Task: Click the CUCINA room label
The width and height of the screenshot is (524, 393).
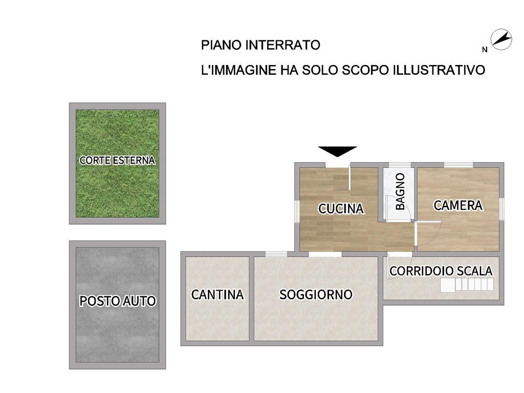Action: point(341,209)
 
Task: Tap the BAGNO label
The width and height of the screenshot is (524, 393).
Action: point(400,191)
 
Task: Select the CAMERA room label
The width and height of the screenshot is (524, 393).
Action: point(458,205)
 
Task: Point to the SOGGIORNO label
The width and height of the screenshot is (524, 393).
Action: point(316,294)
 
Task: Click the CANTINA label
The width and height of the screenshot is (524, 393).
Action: point(217,294)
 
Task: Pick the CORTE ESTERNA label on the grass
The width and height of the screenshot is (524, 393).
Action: point(117,160)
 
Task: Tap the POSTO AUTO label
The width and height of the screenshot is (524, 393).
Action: point(118,301)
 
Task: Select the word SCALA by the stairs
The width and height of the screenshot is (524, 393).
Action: point(475,271)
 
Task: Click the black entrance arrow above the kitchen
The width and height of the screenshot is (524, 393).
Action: point(338,151)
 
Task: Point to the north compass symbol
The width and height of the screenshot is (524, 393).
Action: point(501,40)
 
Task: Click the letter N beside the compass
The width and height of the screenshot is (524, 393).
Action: point(485,50)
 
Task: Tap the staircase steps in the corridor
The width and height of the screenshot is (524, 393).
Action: point(467,285)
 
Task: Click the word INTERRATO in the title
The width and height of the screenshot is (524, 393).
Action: point(282,45)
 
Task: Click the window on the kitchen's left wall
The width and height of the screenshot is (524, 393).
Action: point(297,211)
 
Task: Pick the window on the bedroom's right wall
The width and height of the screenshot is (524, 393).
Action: point(501,209)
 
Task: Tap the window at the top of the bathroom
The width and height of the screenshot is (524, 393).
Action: point(400,165)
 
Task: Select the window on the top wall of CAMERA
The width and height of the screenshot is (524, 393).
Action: point(458,165)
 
